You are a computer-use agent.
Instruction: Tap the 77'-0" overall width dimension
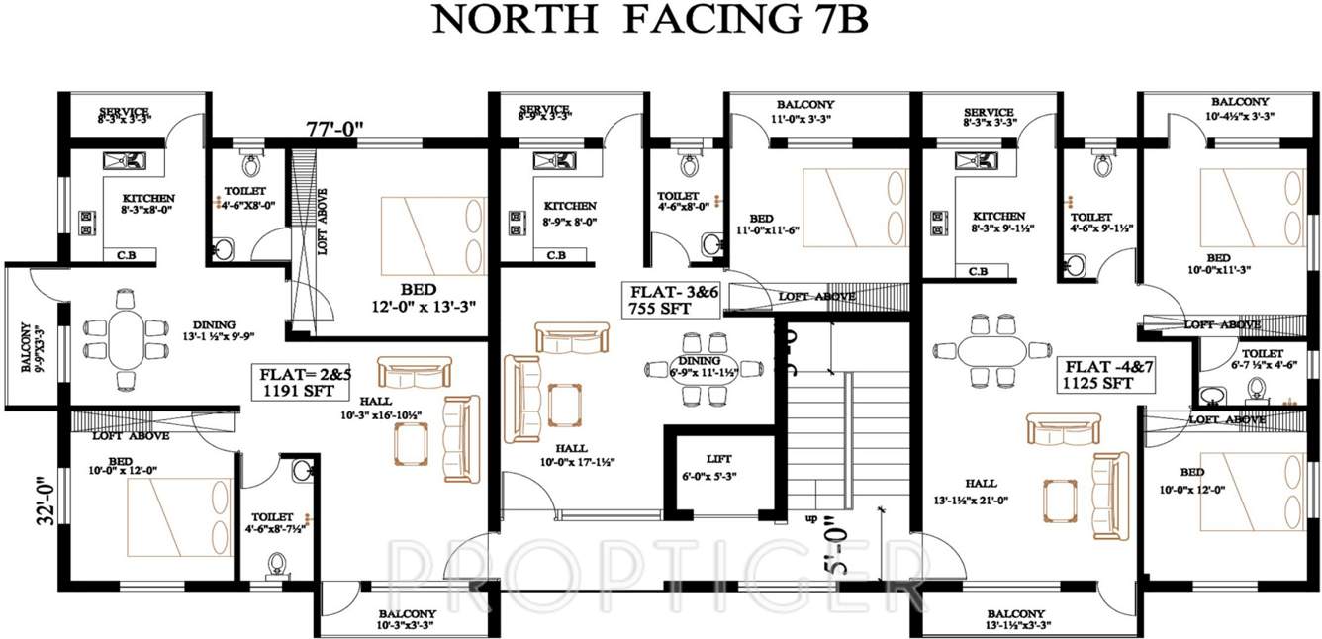click(334, 128)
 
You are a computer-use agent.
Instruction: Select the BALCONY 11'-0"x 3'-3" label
click(804, 110)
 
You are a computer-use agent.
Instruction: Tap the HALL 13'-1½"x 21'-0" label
click(981, 491)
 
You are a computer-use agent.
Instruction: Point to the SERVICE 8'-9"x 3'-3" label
click(544, 112)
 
